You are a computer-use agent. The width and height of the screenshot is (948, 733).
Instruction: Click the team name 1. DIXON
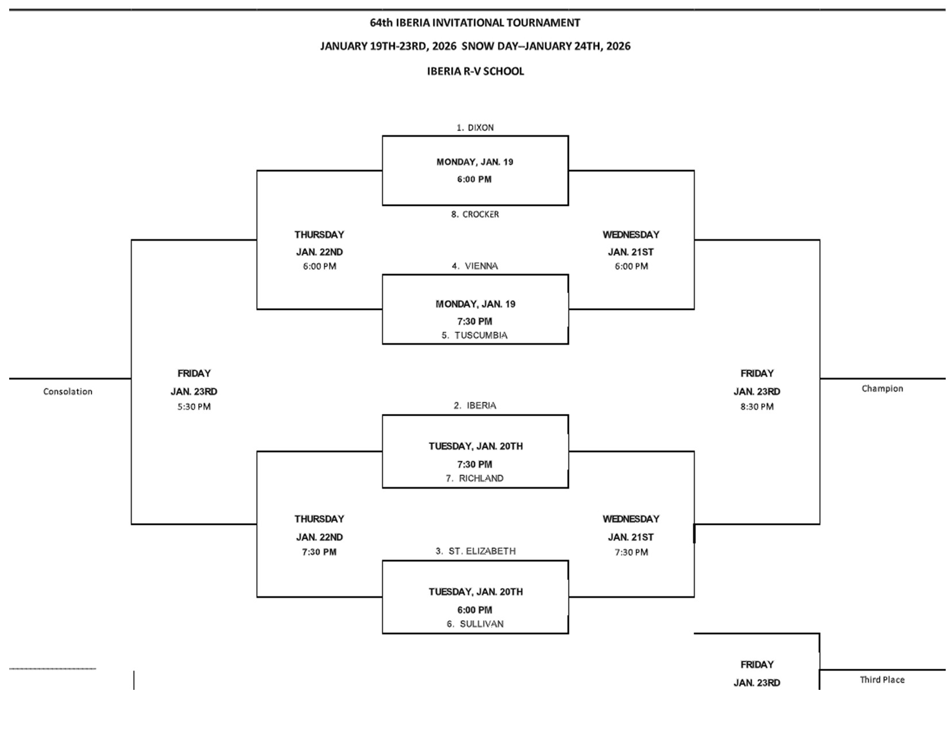click(475, 128)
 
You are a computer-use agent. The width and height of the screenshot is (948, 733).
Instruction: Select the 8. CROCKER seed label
click(475, 214)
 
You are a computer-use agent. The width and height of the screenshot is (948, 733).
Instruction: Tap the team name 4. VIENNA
click(475, 266)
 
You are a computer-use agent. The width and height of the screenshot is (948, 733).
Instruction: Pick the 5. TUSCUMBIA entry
click(475, 335)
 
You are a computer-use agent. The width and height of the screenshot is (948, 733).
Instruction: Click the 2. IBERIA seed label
click(475, 405)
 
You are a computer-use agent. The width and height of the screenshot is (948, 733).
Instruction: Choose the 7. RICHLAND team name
click(475, 478)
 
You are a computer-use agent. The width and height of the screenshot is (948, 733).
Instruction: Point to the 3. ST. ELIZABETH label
click(475, 551)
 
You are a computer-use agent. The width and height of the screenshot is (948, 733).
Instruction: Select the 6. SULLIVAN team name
click(475, 624)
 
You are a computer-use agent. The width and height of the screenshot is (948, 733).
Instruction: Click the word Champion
click(882, 389)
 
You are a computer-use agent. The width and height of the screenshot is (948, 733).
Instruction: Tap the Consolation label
click(68, 392)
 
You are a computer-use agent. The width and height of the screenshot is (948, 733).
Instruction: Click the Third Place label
click(882, 680)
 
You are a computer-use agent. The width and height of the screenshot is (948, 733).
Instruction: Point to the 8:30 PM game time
click(757, 406)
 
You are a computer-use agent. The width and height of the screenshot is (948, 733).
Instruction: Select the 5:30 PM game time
click(194, 406)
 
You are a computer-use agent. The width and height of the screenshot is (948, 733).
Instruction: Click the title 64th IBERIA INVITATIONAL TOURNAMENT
click(475, 23)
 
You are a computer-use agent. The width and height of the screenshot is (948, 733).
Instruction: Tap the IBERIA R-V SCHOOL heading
click(475, 71)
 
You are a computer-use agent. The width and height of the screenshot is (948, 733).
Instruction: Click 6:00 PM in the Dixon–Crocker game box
click(475, 179)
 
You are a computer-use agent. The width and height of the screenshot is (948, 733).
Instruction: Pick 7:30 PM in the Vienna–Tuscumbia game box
click(475, 321)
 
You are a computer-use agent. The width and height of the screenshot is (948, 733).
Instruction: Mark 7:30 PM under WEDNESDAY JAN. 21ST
click(631, 552)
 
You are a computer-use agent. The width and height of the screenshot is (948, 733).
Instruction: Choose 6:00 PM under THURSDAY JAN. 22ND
click(319, 266)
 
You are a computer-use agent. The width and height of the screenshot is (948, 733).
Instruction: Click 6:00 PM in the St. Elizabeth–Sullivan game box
click(475, 610)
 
